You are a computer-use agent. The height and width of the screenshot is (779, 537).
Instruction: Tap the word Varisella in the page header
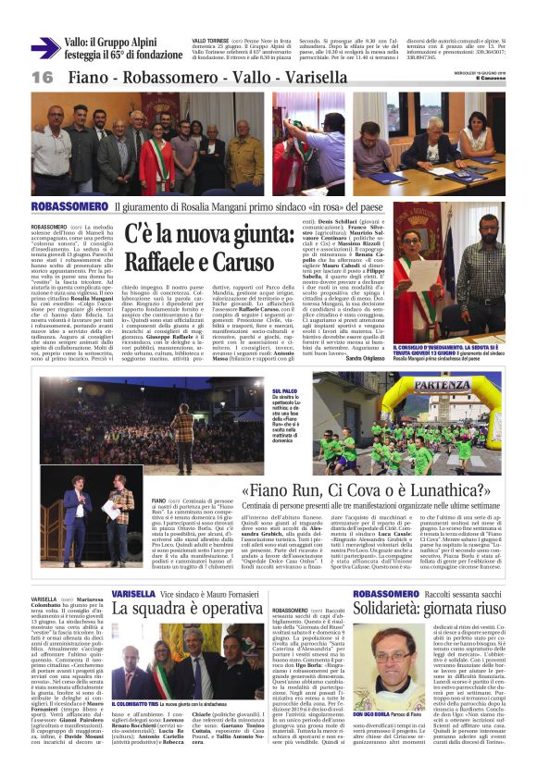272,77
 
